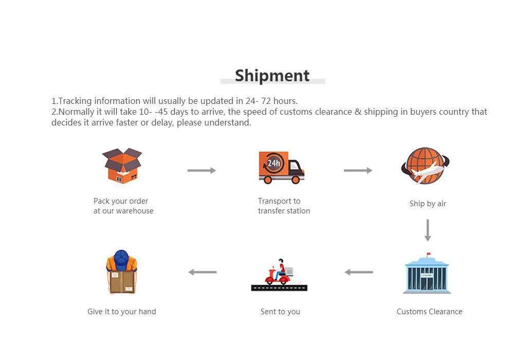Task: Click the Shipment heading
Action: tap(272, 76)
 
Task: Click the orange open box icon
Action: tap(122, 165)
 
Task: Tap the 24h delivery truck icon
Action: tap(281, 168)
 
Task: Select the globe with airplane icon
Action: tap(425, 166)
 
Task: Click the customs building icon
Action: tap(427, 275)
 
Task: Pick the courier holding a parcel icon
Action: tap(122, 273)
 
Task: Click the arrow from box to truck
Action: tap(201, 170)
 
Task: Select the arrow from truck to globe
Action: tap(358, 170)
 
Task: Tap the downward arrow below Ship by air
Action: tap(427, 230)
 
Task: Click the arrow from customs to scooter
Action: tap(359, 272)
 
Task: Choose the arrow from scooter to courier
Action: tap(203, 272)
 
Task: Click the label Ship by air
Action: tap(428, 204)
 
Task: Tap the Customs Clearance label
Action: tap(429, 312)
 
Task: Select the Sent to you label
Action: tap(280, 312)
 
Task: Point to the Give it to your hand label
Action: tap(122, 312)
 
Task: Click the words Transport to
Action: tap(279, 201)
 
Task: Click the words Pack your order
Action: tap(121, 201)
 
